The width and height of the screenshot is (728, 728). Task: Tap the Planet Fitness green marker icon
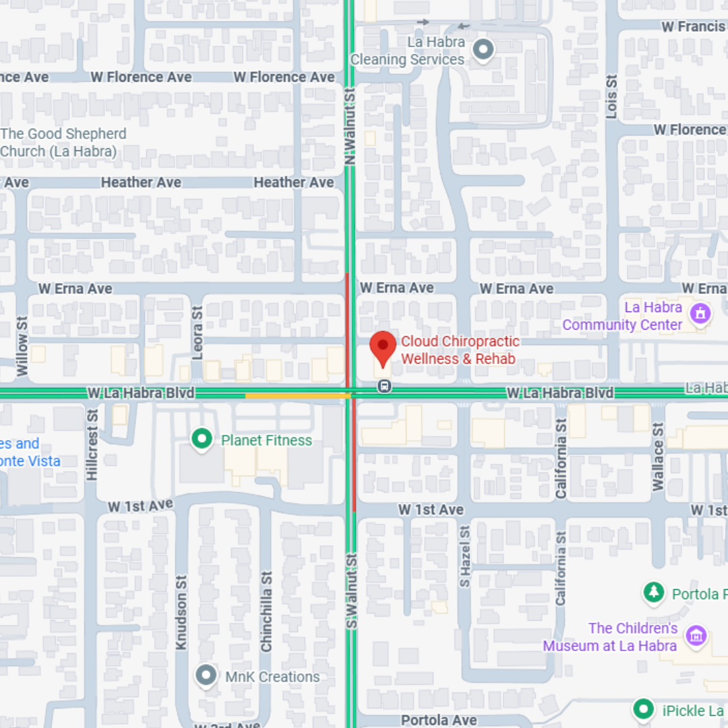coord(201,440)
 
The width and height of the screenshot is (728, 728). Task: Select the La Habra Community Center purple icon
coord(700,313)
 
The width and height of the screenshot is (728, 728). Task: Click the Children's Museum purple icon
coord(695,635)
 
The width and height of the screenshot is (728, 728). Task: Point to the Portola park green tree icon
coord(653,593)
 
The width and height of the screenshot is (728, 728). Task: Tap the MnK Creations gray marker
coord(206,675)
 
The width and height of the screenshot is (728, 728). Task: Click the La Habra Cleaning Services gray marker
coord(483,50)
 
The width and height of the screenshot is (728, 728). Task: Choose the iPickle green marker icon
coord(644,709)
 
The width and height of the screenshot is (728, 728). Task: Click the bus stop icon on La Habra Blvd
coord(384,386)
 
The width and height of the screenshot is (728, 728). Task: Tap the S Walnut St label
coord(351,592)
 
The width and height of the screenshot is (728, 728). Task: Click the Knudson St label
coord(181,612)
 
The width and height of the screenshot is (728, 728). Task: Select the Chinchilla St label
coord(267,611)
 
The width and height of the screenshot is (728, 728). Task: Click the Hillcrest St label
coord(92,445)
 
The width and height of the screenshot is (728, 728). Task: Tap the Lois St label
coord(611,96)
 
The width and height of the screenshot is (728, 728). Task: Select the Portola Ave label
coord(439,720)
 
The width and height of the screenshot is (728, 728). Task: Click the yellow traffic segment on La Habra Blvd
coord(297,396)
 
